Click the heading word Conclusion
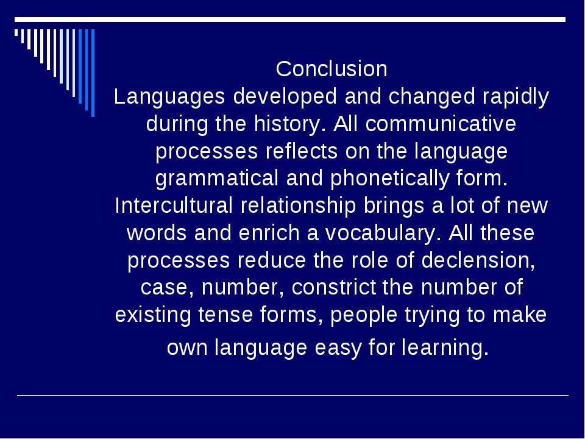point(331,69)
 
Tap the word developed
point(285,96)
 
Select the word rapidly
point(516,96)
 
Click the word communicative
point(441,124)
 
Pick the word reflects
point(302,151)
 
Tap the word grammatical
point(217,179)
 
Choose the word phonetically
point(389,179)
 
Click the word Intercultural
point(174,205)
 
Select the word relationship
point(298,205)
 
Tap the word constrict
point(333,287)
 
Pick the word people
point(364,315)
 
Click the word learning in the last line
point(445,347)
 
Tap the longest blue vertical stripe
point(93,73)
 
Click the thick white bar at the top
point(290,20)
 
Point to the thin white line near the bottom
point(292,395)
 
